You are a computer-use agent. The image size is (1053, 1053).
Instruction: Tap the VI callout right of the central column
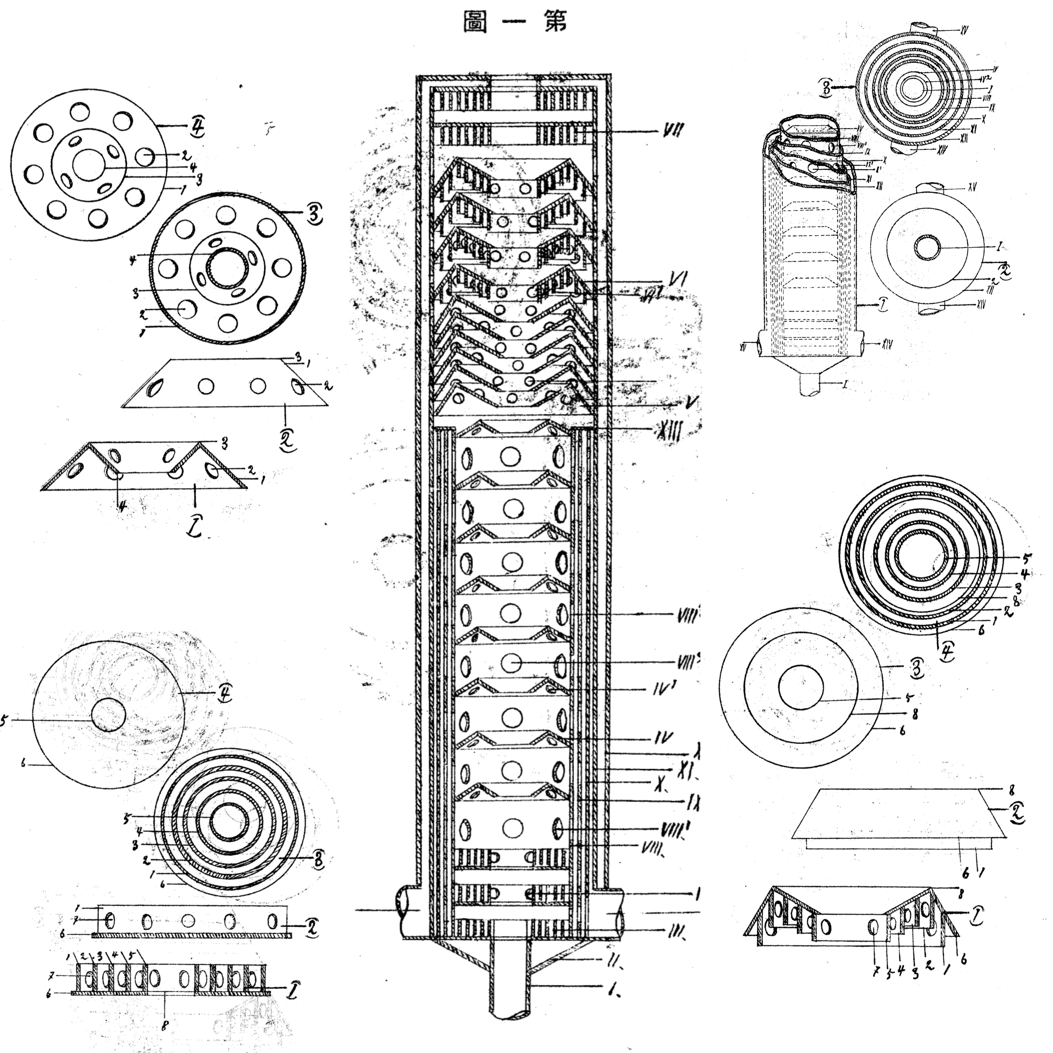(x=676, y=280)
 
